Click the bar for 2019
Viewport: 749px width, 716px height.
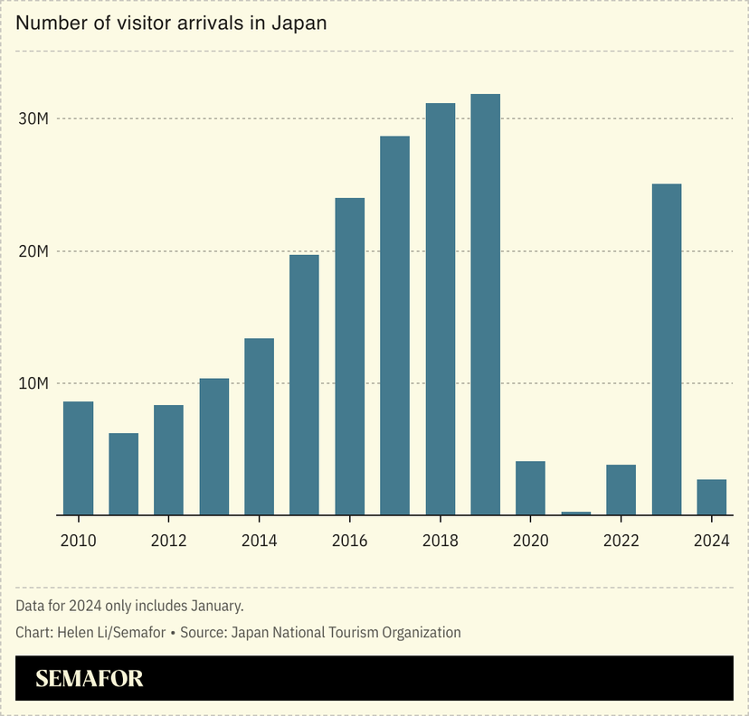pos(485,305)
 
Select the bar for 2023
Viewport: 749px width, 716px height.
pos(666,350)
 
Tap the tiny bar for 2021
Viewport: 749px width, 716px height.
pos(575,513)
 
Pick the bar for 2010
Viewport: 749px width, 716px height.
pos(78,458)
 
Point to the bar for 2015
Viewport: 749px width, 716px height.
pos(304,385)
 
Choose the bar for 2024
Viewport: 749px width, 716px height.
pos(711,497)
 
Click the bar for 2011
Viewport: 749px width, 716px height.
pos(123,474)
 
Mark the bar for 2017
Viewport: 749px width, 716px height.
pos(394,325)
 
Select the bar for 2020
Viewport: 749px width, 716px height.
pos(530,488)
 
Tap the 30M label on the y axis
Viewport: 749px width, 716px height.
pos(33,119)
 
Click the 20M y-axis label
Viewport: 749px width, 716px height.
pos(33,251)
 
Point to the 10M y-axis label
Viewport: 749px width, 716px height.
pos(33,383)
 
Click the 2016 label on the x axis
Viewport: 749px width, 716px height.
pos(349,542)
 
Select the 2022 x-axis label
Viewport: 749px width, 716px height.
pos(621,542)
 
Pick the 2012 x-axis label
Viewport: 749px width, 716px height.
pos(168,542)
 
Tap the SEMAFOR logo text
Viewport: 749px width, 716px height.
pos(90,678)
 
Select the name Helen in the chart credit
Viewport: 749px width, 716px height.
pos(75,633)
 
